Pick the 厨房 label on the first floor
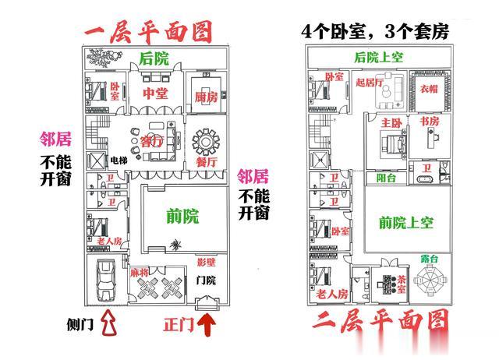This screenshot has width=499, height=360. click(205, 97)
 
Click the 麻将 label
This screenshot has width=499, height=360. click(139, 273)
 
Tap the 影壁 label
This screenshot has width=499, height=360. click(206, 262)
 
